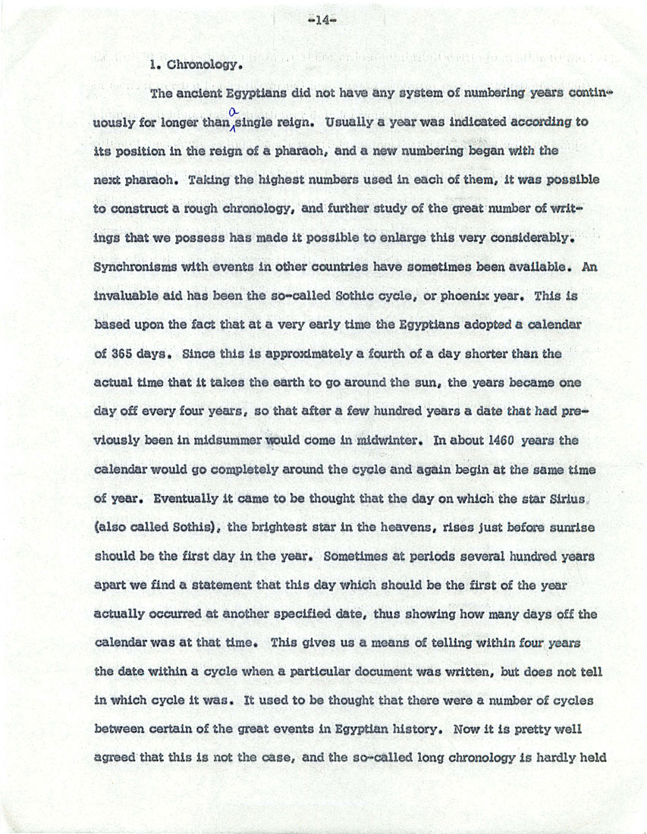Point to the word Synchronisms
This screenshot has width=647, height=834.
point(134,266)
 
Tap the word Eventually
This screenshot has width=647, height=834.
point(187,500)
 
